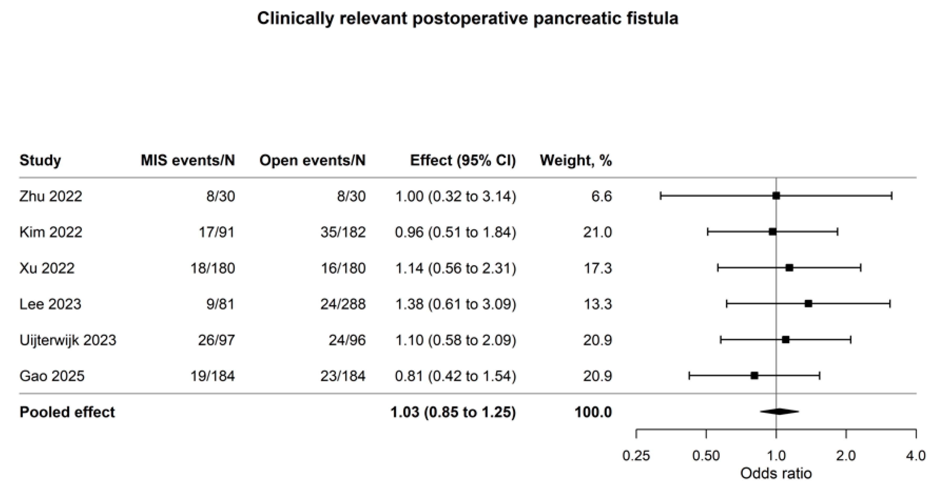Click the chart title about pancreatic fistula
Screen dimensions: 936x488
tap(468, 18)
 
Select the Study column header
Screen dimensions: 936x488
tap(40, 160)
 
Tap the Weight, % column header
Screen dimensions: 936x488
tap(576, 160)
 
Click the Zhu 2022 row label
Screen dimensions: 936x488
tap(51, 196)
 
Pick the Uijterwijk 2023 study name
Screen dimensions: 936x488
tap(68, 340)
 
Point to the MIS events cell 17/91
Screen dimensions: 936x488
tap(217, 232)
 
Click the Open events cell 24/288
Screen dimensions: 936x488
tap(343, 304)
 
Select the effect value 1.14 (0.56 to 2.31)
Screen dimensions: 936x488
tap(456, 268)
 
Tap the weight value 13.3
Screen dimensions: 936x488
tap(598, 304)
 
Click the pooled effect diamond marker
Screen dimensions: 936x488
tap(779, 412)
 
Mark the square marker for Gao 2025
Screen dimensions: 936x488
tap(754, 376)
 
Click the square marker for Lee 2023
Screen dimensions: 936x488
tap(808, 304)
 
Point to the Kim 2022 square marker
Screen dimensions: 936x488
tap(773, 232)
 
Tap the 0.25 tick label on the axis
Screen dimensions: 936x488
tap(636, 456)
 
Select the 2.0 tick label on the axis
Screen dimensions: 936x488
tap(846, 456)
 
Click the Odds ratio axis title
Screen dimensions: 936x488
tap(776, 474)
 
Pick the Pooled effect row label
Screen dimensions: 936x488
tap(67, 412)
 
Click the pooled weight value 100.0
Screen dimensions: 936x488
tap(593, 412)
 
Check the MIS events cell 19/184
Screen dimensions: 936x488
tap(213, 376)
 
